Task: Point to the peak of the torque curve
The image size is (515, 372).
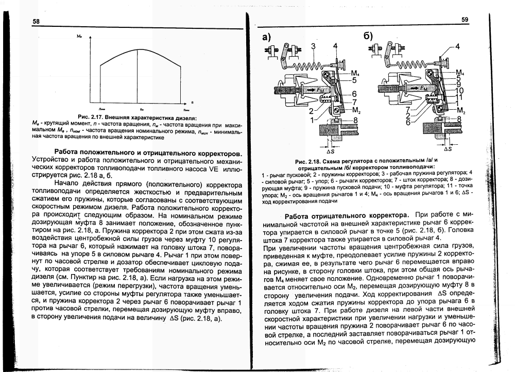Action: coord(140,48)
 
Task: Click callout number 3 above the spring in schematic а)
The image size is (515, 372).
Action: coord(313,47)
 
